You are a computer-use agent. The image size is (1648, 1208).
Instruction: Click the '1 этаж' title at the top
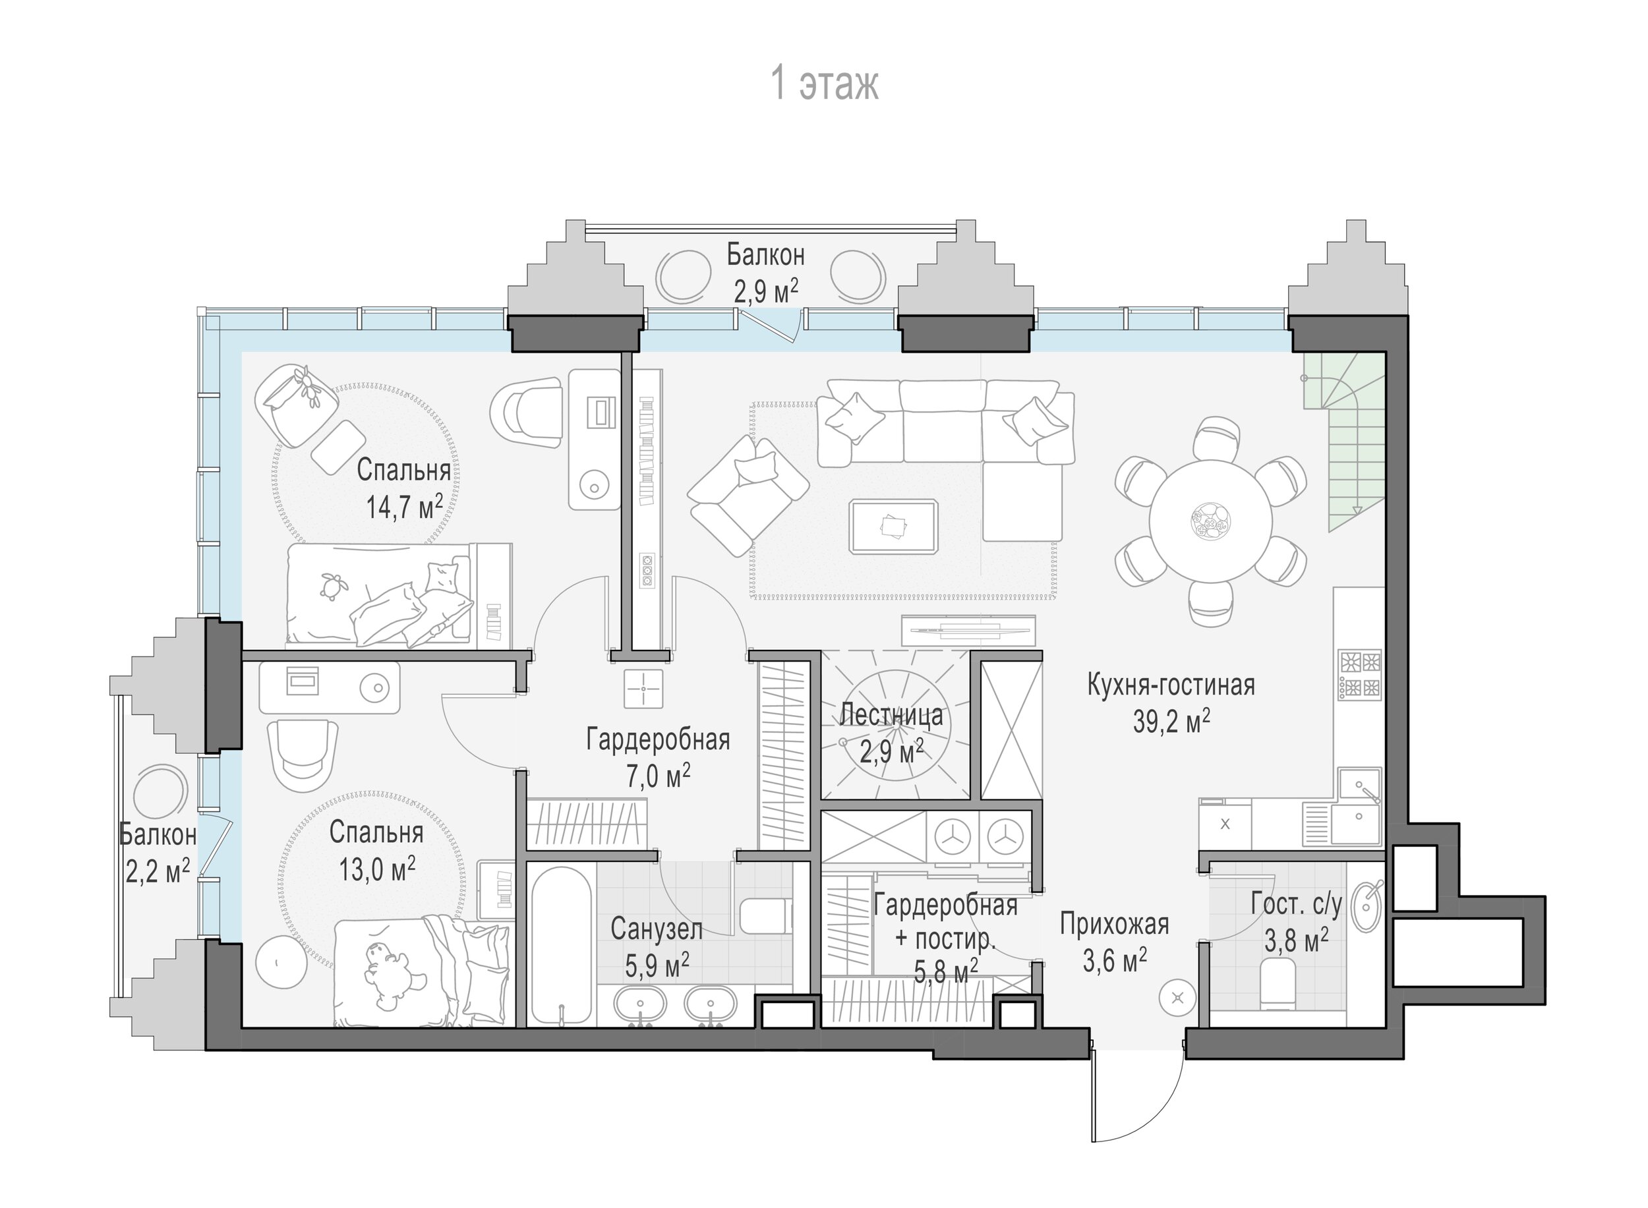[825, 84]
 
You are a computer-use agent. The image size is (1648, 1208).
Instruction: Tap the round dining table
[1210, 521]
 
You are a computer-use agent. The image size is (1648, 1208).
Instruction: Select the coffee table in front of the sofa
[893, 527]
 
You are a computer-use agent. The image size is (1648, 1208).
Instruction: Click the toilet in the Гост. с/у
[1278, 983]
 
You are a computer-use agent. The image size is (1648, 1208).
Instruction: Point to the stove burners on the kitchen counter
[1360, 674]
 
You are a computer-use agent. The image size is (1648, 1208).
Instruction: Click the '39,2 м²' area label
[1171, 721]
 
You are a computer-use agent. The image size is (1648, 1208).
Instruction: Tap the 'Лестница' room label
[891, 714]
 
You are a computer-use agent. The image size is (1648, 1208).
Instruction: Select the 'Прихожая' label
[1114, 924]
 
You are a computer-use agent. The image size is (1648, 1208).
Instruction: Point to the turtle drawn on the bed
[333, 585]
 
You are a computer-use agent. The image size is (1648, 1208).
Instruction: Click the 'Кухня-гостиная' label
[1171, 685]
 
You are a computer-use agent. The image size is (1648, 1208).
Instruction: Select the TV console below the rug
[968, 630]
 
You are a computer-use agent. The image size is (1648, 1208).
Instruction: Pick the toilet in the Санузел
[766, 915]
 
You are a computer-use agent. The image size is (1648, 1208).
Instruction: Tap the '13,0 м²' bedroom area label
[376, 869]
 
